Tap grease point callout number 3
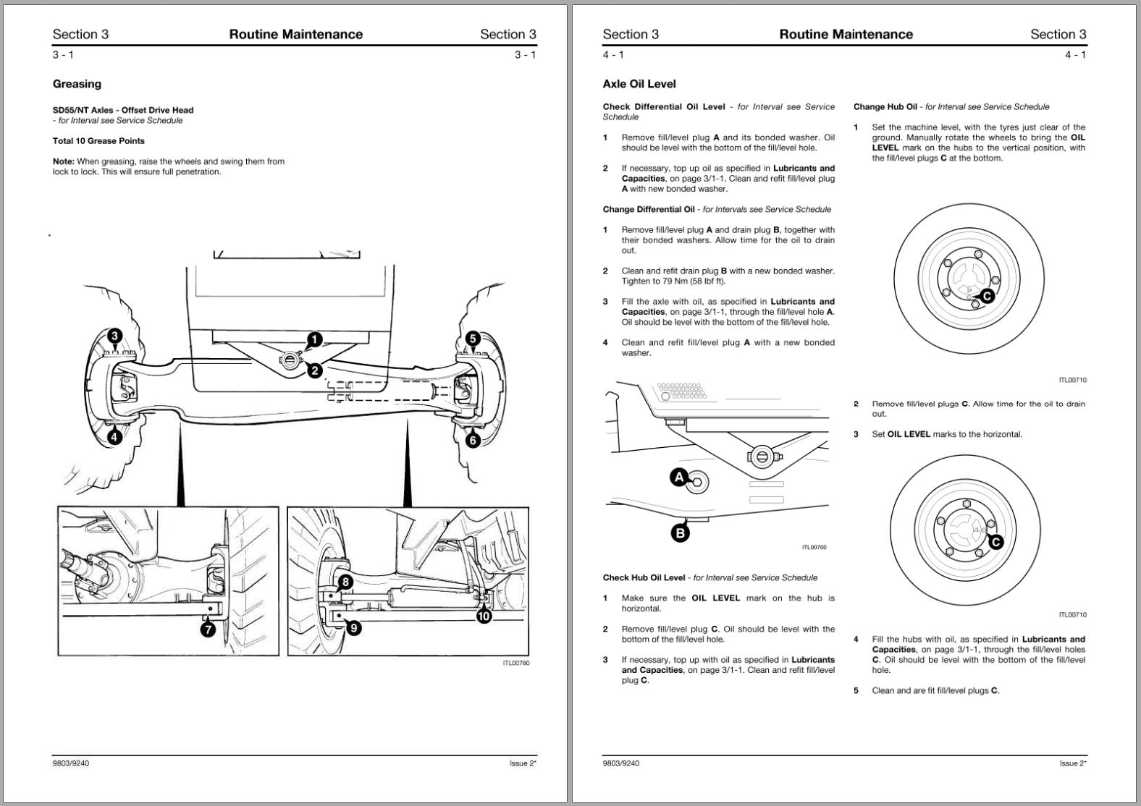click(115, 336)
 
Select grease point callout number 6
click(473, 440)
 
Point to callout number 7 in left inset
click(208, 629)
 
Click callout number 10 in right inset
click(484, 616)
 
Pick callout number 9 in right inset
click(353, 628)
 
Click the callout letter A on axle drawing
click(679, 478)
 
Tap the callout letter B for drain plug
click(680, 534)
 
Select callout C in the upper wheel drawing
click(987, 295)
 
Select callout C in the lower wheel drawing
click(995, 542)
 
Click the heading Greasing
click(77, 84)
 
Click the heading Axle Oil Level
click(639, 84)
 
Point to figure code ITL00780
click(516, 663)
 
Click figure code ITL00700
click(814, 547)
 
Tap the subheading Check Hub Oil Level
click(644, 577)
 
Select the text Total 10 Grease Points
click(98, 141)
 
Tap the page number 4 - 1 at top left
click(612, 55)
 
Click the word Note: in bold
click(64, 161)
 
